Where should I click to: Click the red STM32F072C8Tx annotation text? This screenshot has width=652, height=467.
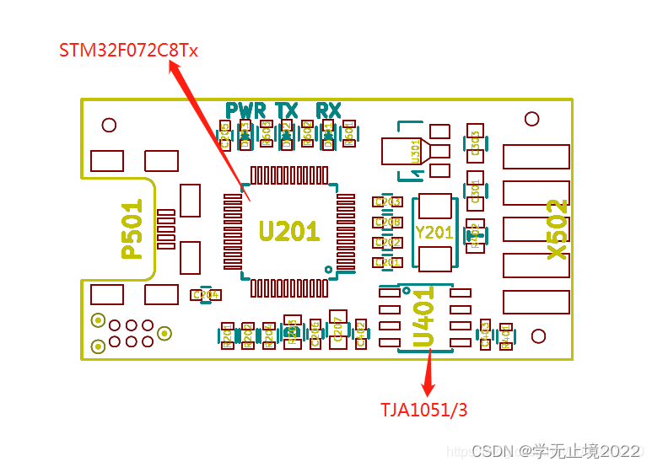coord(128,50)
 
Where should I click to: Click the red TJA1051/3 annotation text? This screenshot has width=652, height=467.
coord(423,410)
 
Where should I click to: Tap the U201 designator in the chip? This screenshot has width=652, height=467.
coord(288,231)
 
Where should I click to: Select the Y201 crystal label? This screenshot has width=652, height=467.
coord(434,233)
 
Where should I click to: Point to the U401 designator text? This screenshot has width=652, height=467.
coord(423,319)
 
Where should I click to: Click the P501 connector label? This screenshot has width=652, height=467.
coord(132,229)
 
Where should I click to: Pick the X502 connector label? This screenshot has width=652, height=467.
coord(557,229)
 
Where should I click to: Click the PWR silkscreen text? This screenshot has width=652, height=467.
coord(245,110)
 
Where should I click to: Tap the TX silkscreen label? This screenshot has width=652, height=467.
coord(287,110)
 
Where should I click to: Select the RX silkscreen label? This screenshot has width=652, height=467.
coord(328,110)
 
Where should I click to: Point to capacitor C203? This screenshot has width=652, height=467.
coord(387,202)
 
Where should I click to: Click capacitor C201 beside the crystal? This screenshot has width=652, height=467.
coord(387,263)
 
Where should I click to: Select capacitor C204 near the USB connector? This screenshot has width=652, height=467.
coord(206,295)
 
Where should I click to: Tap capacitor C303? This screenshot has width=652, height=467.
coord(475,143)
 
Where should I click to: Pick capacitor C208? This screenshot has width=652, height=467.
coord(387,223)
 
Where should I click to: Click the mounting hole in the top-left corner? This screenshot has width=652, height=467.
coord(109,126)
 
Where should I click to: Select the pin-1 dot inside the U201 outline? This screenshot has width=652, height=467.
coord(329,270)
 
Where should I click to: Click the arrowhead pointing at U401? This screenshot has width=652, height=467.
coord(430,353)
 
